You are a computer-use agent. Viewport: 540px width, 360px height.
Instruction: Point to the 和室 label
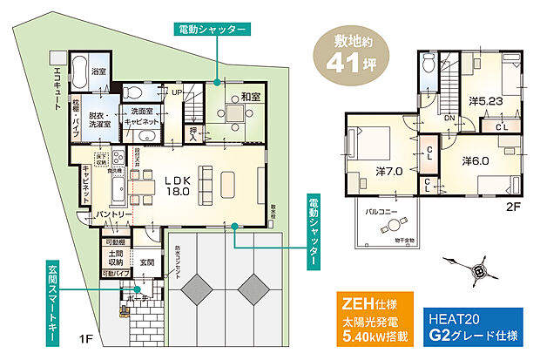tap(252, 98)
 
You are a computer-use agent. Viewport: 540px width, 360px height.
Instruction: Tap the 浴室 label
tap(98, 71)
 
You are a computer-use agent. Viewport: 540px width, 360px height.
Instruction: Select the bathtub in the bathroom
tap(77, 67)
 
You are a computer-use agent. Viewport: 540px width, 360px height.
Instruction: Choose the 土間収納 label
tap(116, 257)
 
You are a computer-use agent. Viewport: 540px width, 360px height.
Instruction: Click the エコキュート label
tap(57, 86)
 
